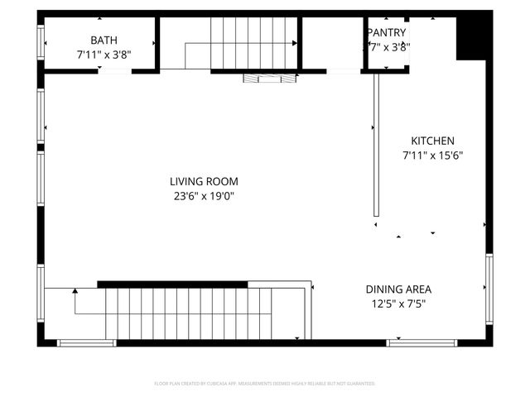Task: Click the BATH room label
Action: coord(104,40)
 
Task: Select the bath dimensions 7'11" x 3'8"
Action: coord(104,55)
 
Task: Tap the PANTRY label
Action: coord(387,32)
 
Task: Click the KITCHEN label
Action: coord(432,141)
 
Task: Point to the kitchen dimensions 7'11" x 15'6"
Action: coord(432,155)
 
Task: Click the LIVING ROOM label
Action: coord(204,182)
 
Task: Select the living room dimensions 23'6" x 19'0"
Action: coord(204,196)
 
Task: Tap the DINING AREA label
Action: coord(398,289)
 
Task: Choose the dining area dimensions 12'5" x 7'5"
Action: coord(398,304)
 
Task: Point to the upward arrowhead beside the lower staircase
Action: coord(75,291)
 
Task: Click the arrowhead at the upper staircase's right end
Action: coord(295,42)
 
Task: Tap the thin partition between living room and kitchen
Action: coord(376,145)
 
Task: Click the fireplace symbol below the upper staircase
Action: coord(269,78)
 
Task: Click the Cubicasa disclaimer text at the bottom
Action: coord(265,384)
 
